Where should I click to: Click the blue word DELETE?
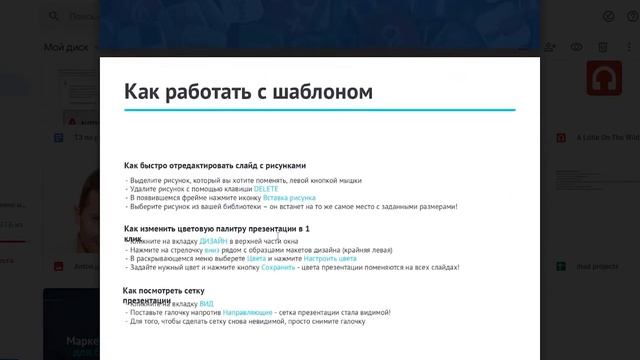[266, 189]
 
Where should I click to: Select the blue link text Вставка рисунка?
[289, 198]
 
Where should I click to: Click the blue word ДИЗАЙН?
[213, 242]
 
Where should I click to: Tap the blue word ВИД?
[206, 303]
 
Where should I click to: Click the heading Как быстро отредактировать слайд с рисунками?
[214, 165]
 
